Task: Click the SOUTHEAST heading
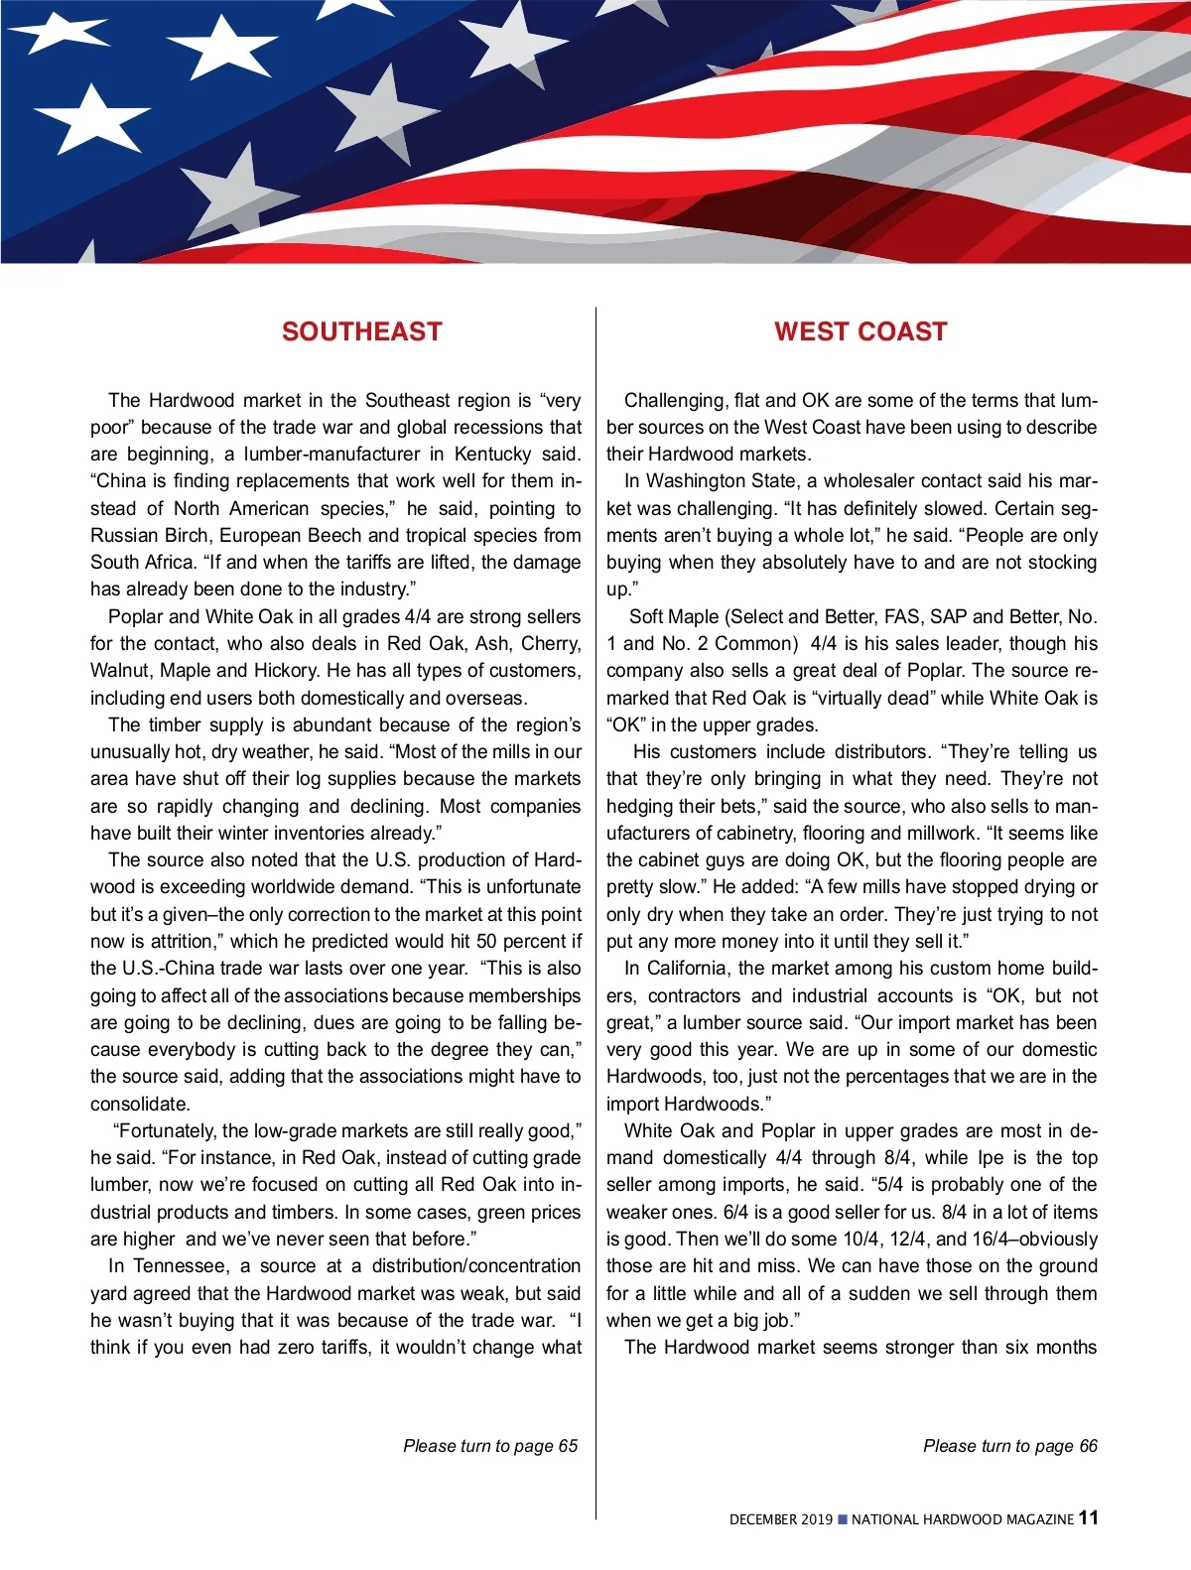click(x=361, y=331)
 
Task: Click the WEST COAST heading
click(x=860, y=331)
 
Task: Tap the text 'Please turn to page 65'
click(x=490, y=1446)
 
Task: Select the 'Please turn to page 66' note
click(x=1010, y=1446)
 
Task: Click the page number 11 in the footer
click(x=1088, y=1517)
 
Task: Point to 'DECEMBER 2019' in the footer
click(x=781, y=1519)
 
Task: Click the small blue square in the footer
click(x=843, y=1519)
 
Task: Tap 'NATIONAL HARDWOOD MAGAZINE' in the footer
click(x=962, y=1519)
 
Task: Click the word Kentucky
click(x=493, y=455)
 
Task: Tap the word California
click(x=687, y=969)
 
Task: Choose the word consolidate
click(x=138, y=1105)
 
